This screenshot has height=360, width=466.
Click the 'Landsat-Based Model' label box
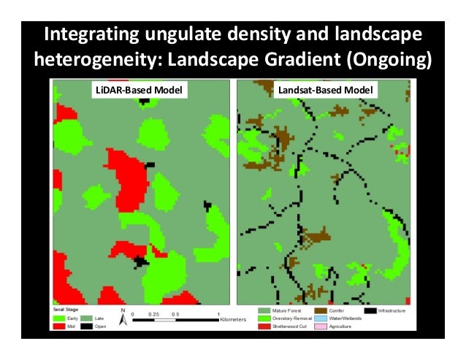tap(326, 91)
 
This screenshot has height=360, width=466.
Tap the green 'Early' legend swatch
tap(56, 319)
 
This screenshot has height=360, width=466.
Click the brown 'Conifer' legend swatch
tap(319, 311)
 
